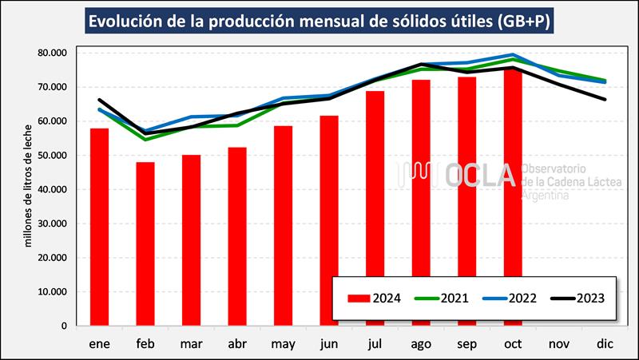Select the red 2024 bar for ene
coord(100,227)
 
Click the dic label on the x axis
coord(605,343)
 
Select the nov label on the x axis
coord(559,343)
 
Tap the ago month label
coord(421,343)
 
